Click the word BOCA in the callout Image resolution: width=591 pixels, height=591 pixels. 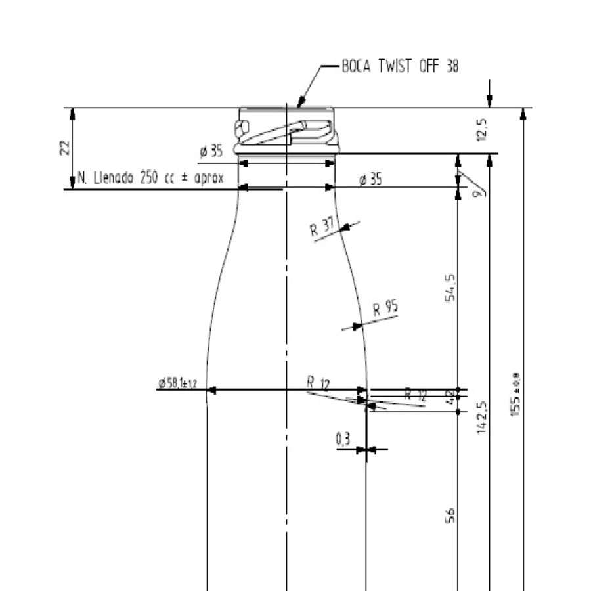tap(357, 66)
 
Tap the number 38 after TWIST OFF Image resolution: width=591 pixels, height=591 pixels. tap(452, 66)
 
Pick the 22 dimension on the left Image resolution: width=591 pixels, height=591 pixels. tap(64, 148)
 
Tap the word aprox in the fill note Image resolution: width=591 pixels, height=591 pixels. tap(209, 177)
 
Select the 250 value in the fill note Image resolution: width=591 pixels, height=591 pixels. tap(149, 177)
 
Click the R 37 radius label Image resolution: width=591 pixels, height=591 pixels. tap(321, 227)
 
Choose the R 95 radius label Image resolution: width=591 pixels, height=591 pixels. tap(385, 308)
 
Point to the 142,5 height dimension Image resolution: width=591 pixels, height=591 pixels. tap(482, 417)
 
